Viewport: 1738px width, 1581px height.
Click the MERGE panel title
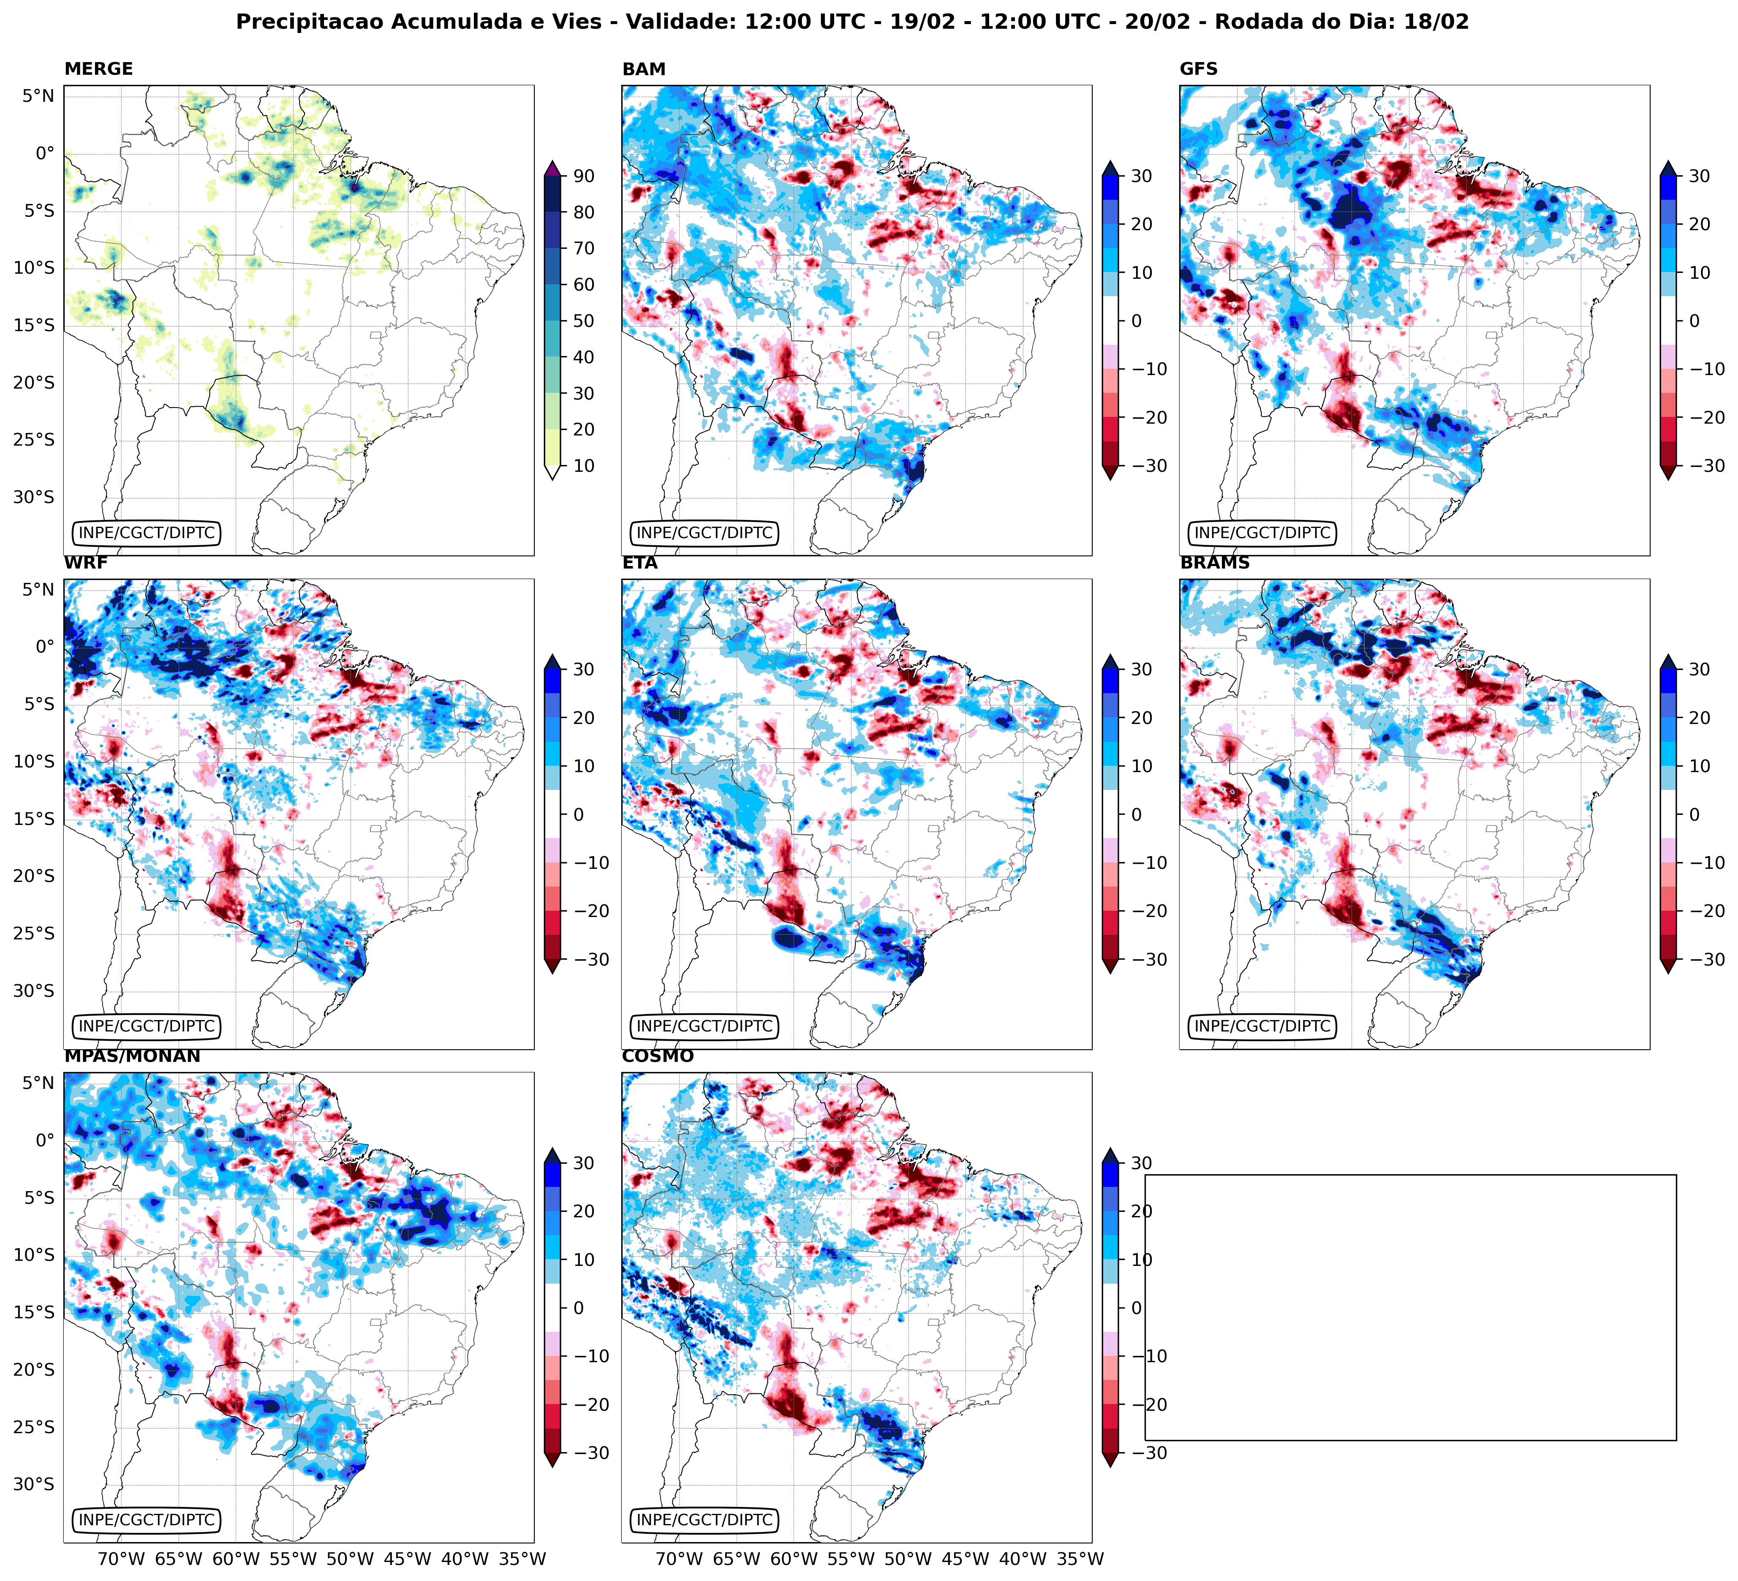(x=98, y=69)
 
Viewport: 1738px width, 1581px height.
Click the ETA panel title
(x=640, y=563)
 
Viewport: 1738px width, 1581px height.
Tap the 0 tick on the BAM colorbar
(x=1136, y=321)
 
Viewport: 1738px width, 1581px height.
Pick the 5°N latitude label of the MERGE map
(x=38, y=96)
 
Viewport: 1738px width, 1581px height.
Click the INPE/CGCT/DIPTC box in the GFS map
(x=1262, y=533)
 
